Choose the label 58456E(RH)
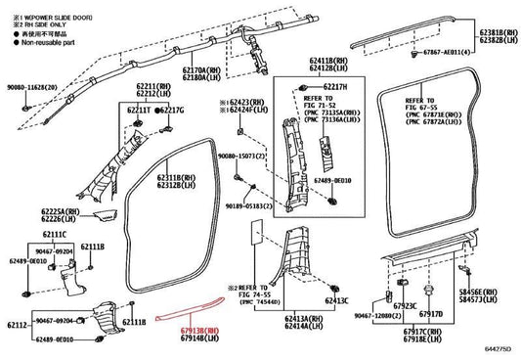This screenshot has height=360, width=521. (x=498, y=292)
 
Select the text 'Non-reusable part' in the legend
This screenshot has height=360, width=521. (x=43, y=44)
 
